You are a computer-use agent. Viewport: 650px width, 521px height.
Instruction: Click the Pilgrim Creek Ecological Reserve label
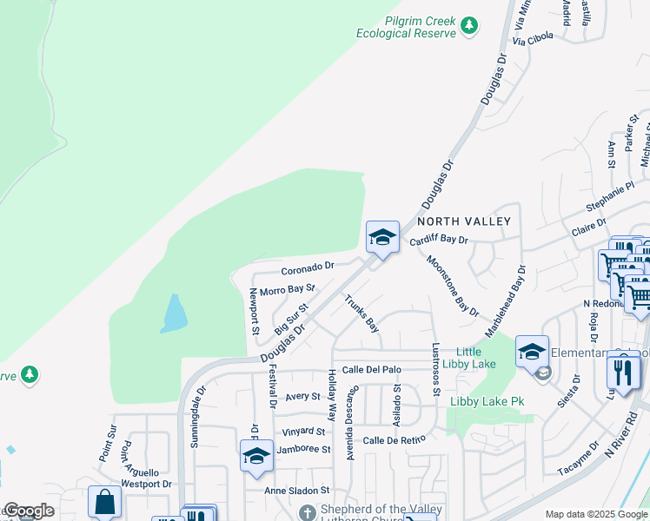click(406, 27)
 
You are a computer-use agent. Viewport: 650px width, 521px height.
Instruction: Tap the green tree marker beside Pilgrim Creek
click(469, 25)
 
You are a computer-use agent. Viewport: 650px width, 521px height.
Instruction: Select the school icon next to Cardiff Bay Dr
click(382, 237)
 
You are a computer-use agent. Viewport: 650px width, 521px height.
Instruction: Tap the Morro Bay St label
click(287, 288)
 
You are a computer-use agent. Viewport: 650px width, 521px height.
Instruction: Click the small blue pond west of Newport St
click(173, 313)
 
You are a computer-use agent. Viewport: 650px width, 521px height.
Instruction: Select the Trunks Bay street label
click(362, 314)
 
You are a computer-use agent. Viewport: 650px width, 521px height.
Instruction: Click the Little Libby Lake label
click(469, 358)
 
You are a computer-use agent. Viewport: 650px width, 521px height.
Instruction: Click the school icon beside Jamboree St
click(256, 457)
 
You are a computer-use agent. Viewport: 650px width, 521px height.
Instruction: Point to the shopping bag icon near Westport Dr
click(104, 502)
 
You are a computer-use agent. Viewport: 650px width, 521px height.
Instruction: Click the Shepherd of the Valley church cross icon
click(305, 512)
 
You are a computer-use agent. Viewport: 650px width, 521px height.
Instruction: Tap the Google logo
click(28, 511)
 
